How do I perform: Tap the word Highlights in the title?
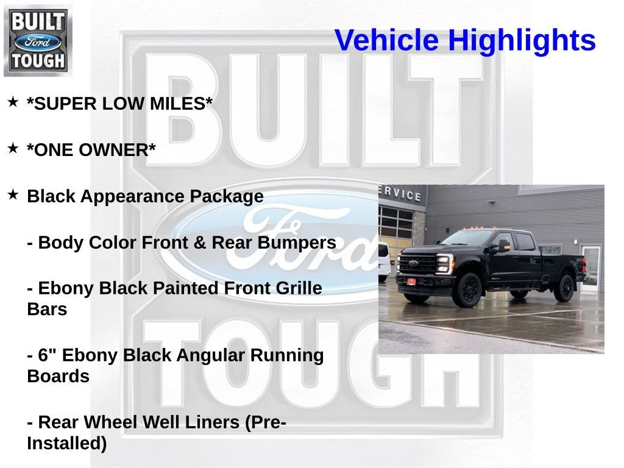pos(522,41)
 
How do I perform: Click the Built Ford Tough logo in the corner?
pos(38,40)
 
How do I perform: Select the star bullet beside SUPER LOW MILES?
pos(13,102)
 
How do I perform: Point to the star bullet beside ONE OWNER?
pos(13,148)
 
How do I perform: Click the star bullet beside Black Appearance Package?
pos(13,194)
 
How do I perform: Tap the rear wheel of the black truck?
pos(564,287)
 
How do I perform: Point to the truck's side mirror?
pos(503,246)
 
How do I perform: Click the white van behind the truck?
pos(383,261)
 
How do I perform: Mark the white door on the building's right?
pos(590,268)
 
